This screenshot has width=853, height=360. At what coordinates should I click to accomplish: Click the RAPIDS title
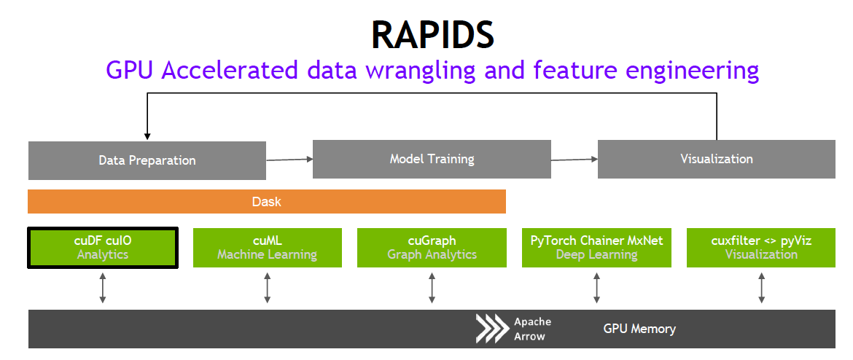point(432,34)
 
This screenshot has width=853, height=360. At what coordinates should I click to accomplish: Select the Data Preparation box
point(147,160)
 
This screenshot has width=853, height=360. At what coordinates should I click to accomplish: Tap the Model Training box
point(432,158)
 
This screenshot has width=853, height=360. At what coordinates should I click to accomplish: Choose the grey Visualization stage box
point(716,158)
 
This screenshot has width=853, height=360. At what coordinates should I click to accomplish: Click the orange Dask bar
point(266,201)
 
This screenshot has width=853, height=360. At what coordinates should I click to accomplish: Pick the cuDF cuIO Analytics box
point(103,248)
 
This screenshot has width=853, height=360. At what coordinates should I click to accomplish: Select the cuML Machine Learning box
point(267,248)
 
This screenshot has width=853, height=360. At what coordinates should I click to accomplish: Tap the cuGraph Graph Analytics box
point(432,248)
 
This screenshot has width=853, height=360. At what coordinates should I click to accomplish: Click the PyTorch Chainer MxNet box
point(596,248)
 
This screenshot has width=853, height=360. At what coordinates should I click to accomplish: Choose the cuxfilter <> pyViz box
point(761,248)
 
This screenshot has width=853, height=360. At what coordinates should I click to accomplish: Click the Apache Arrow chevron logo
point(492,329)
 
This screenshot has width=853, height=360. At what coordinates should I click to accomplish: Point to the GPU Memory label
point(639,329)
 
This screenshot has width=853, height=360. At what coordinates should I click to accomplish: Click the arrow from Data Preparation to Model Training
point(289,158)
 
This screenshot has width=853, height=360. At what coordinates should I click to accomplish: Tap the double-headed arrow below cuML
point(268,289)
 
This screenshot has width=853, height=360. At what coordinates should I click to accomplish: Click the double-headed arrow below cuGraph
point(432,289)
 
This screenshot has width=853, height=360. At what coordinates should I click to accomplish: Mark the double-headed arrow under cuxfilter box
point(761,289)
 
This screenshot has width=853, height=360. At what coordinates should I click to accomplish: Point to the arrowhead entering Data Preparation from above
point(147,135)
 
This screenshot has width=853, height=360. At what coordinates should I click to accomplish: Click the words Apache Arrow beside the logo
point(532,329)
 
